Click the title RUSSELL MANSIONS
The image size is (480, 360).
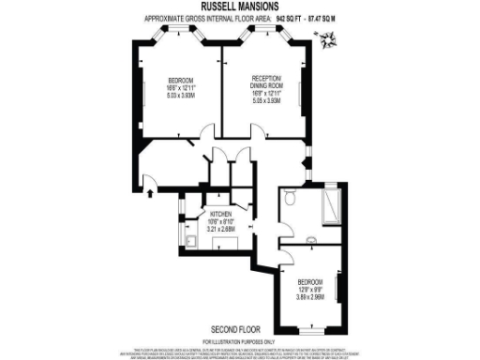pyautogui.click(x=239, y=7)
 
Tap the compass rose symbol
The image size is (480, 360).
pyautogui.click(x=329, y=40)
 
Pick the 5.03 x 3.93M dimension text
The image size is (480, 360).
pyautogui.click(x=180, y=96)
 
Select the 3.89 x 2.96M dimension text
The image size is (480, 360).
pyautogui.click(x=311, y=294)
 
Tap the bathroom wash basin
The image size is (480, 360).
pyautogui.click(x=310, y=248)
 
